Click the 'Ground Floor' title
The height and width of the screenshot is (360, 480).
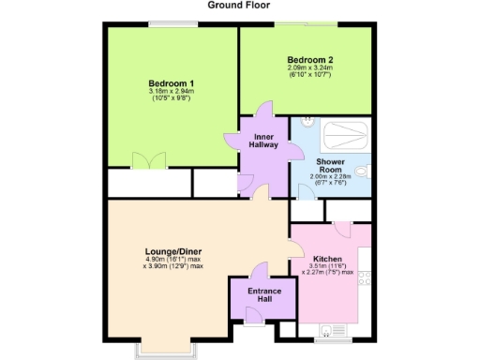239,5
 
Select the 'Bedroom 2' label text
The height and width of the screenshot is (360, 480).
310,60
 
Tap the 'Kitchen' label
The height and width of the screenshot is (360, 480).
327,259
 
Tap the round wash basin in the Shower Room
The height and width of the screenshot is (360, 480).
307,123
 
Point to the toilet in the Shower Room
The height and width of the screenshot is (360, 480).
364,172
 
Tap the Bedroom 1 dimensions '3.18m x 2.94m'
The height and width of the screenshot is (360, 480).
172,92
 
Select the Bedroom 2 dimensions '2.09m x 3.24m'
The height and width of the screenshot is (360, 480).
310,69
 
